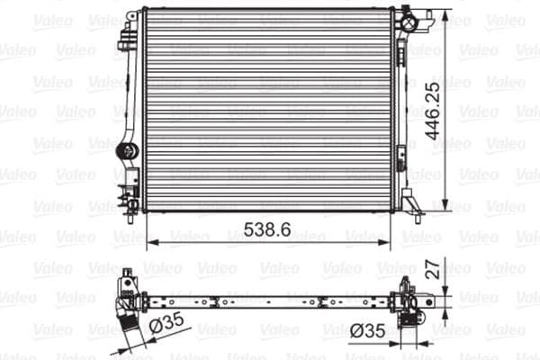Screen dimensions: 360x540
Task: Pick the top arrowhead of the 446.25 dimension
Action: tap(448, 13)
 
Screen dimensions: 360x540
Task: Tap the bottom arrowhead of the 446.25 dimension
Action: tap(448, 205)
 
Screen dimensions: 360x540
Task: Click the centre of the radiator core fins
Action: tap(268, 110)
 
